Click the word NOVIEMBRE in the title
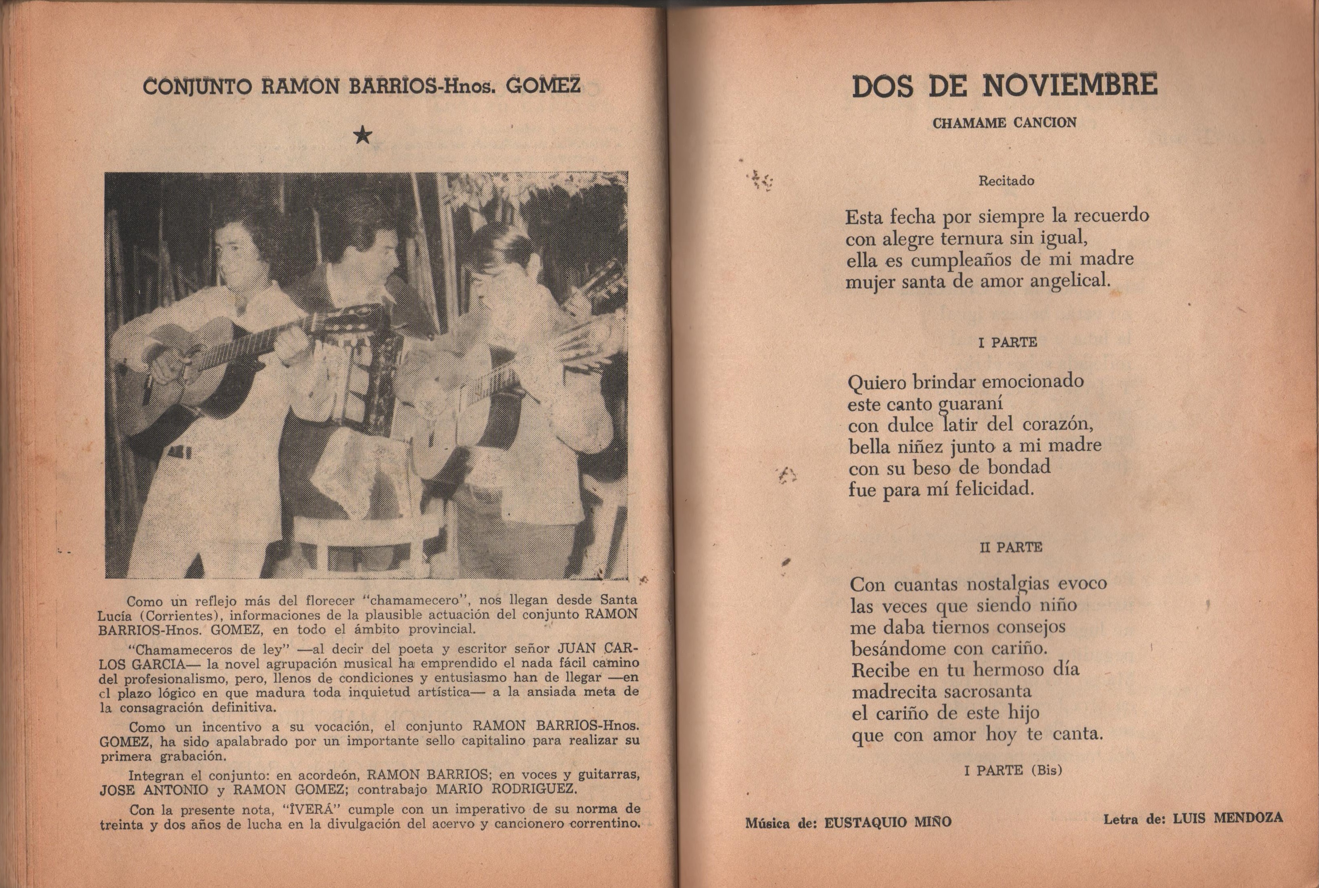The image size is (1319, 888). [x=1069, y=86]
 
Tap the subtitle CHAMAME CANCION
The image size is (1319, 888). [x=1004, y=123]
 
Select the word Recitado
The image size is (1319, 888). [x=1006, y=181]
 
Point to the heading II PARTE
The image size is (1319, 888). [x=1010, y=547]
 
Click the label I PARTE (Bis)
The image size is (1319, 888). [x=1013, y=770]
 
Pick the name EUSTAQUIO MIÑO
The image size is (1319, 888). [x=888, y=822]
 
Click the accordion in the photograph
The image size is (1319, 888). [x=362, y=363]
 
